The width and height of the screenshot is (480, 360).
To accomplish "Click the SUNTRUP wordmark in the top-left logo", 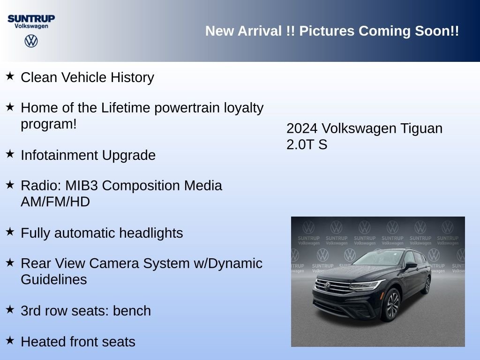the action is tap(31, 19).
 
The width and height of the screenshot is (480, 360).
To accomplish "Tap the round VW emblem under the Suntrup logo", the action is tap(31, 41).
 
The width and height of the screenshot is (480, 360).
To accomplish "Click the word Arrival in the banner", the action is tap(260, 31).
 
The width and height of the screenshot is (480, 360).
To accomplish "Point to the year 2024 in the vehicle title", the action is tap(302, 128).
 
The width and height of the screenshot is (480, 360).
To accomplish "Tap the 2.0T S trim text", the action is tap(307, 144).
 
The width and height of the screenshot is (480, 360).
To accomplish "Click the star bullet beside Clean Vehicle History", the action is tap(10, 76).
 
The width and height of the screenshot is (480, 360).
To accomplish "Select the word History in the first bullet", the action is tap(132, 78).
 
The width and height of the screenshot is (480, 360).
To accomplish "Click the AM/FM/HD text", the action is tap(55, 202).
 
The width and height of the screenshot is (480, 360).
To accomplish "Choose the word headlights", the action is tap(151, 233).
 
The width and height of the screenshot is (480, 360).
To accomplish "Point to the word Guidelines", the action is tap(54, 279).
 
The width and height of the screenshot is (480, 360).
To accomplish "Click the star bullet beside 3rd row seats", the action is tap(10, 309).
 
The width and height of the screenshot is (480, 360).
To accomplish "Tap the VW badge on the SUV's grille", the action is tap(327, 286).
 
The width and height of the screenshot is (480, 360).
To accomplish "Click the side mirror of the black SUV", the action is tap(411, 265).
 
